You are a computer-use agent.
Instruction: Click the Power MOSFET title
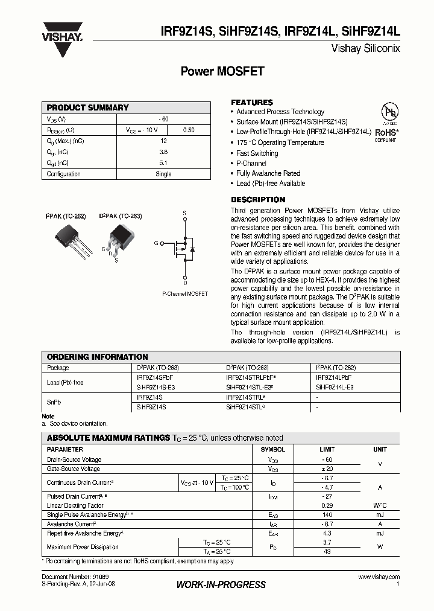[x=222, y=71]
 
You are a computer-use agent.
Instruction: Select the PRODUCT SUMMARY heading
[x=88, y=107]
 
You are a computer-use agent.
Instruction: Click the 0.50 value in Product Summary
[x=188, y=130]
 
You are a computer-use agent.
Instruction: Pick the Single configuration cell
[x=163, y=174]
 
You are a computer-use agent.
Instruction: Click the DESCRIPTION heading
[x=258, y=200]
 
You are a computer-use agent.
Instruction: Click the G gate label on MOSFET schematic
[x=156, y=243]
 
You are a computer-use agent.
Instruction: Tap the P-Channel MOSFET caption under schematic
[x=185, y=293]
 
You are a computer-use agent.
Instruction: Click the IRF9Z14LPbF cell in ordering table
[x=333, y=377]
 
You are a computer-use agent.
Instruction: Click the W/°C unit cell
[x=380, y=505]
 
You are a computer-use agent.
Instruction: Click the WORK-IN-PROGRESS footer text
[x=221, y=584]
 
